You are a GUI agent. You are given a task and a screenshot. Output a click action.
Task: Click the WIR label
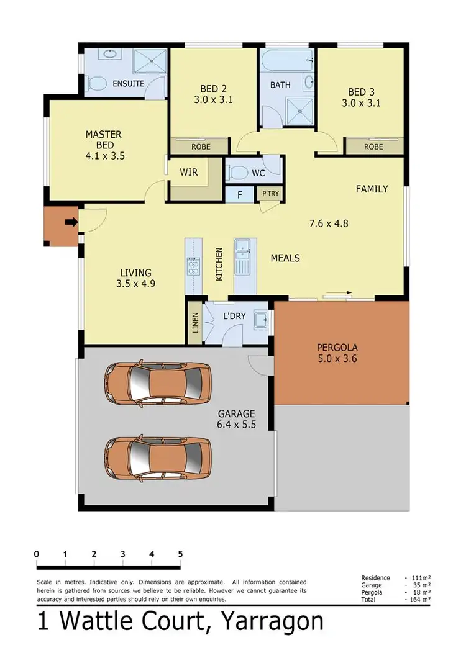point(189,172)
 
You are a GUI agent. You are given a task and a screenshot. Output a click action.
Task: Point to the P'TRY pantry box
point(270,194)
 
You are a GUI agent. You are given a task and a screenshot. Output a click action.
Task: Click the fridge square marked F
point(239,195)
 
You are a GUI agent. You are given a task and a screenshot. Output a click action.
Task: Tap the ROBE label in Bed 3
point(373,147)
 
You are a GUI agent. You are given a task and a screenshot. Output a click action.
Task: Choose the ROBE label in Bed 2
point(201,147)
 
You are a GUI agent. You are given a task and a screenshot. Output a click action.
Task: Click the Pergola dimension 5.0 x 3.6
point(337,358)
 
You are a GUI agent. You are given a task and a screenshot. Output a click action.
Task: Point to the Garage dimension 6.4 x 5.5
point(237,425)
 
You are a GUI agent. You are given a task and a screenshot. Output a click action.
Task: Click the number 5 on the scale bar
point(180,554)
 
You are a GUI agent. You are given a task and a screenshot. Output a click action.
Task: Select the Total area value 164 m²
point(418,599)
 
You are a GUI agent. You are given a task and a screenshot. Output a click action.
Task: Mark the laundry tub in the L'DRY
point(260,318)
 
